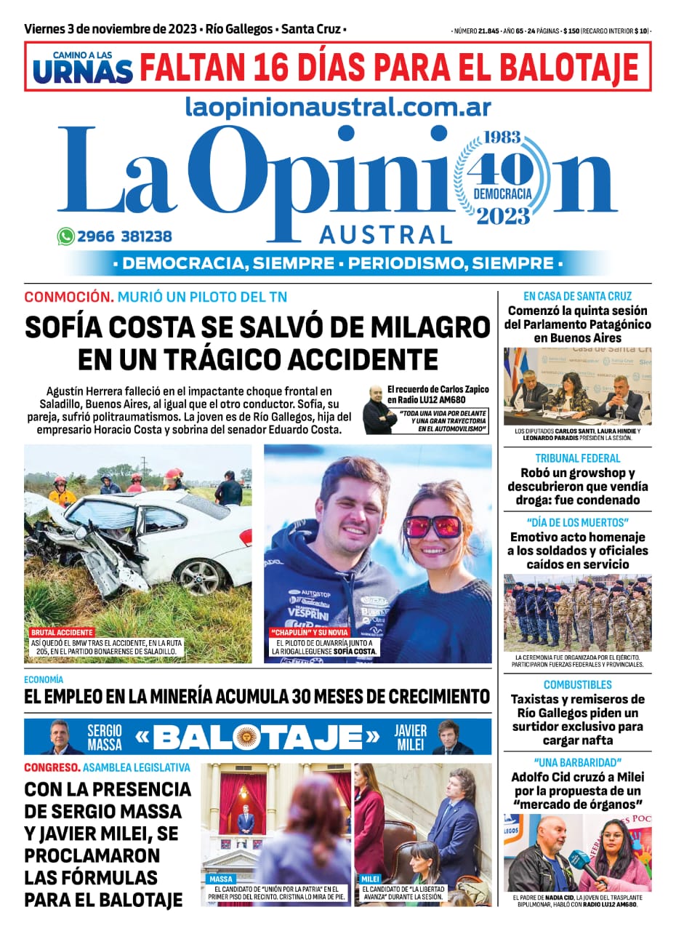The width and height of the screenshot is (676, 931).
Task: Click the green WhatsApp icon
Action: (66, 236)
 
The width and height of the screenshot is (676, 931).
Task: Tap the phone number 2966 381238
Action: (124, 236)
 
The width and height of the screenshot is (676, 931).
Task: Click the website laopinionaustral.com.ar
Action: (338, 108)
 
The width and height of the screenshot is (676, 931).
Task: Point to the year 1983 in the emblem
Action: (504, 138)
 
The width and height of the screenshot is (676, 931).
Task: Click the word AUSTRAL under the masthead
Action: (386, 235)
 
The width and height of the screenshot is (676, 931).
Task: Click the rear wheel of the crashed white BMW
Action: (200, 576)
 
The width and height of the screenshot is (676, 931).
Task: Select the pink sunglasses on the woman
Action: (432, 525)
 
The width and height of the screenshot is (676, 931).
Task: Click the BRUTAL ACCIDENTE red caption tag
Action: (61, 633)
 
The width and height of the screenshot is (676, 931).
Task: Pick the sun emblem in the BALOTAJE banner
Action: (246, 738)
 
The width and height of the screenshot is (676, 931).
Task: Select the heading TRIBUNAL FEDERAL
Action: (578, 458)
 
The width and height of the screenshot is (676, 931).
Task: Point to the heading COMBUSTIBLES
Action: (578, 684)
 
